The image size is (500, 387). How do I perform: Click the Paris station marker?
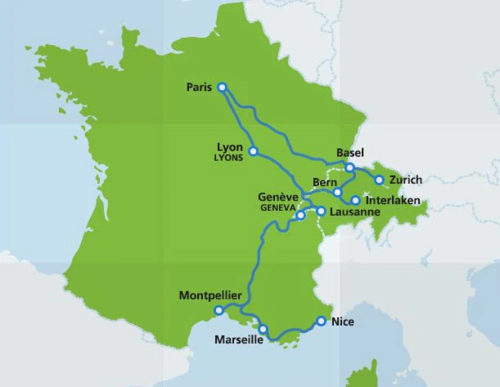(222, 87)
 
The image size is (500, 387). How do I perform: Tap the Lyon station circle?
(253, 151)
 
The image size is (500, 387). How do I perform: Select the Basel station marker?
(350, 167)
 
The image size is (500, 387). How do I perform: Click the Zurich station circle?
(379, 180)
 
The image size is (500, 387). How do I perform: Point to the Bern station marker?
(337, 192)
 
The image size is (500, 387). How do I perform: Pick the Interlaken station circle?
(355, 200)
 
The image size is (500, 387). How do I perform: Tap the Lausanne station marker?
(321, 211)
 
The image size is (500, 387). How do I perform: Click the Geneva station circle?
(300, 216)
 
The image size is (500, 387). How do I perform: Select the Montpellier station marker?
(218, 310)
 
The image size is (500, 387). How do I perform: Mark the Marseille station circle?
(263, 329)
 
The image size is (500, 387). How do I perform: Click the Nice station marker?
(321, 321)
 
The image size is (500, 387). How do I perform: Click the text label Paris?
(199, 88)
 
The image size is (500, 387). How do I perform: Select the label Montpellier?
(210, 296)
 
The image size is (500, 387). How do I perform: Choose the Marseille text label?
(238, 340)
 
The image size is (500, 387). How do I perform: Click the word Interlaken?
(393, 201)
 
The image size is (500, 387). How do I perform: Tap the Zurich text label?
(406, 180)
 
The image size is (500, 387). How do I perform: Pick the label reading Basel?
(350, 153)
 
